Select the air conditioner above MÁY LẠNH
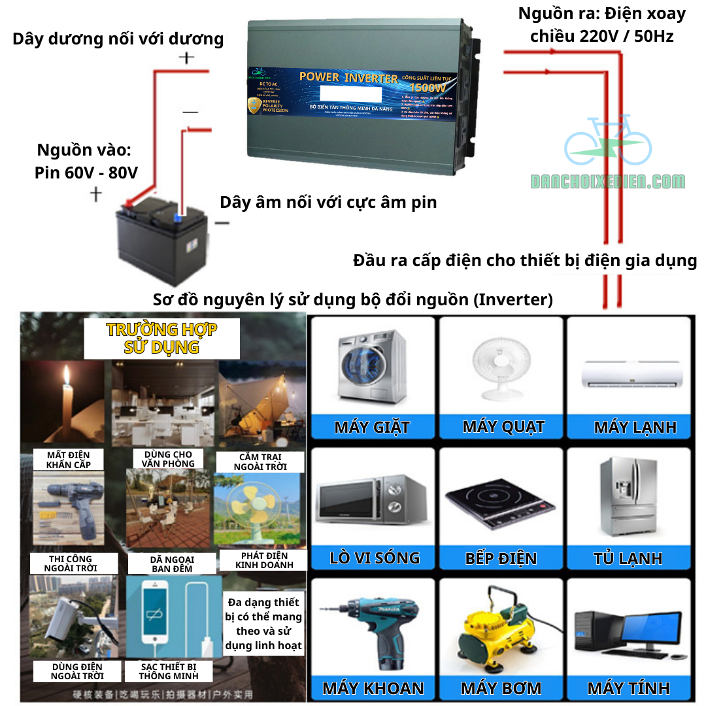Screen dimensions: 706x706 tap(632, 375)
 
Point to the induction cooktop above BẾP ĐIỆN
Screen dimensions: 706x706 tap(500, 501)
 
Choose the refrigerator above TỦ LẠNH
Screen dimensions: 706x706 tap(628, 496)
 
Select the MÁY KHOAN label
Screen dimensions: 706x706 tap(373, 688)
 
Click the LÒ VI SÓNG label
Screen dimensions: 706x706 tap(374, 558)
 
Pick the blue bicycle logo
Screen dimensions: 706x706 tap(607, 141)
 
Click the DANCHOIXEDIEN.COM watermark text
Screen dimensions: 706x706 tap(608, 182)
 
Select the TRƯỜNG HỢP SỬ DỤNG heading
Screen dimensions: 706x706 tap(161, 338)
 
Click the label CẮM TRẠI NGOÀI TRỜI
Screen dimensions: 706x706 tap(260, 462)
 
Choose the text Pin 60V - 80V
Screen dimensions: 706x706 tap(86, 173)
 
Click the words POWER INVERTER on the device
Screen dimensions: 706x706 tap(348, 77)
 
